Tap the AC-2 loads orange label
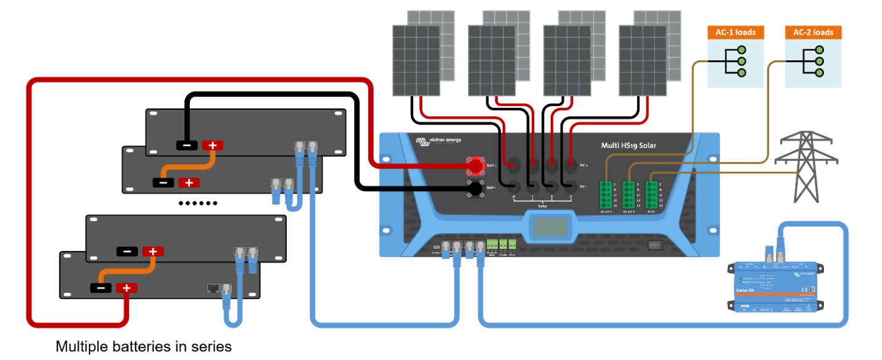[x=813, y=33]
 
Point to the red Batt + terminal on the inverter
[x=475, y=165]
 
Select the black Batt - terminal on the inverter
[x=475, y=187]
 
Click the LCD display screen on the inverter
[x=550, y=227]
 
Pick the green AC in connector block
[x=651, y=195]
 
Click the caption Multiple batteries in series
[x=144, y=346]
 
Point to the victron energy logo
[x=438, y=141]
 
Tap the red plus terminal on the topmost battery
[x=213, y=145]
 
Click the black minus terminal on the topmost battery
[x=187, y=145]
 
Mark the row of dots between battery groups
[x=198, y=203]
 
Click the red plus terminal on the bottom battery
[x=126, y=288]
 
